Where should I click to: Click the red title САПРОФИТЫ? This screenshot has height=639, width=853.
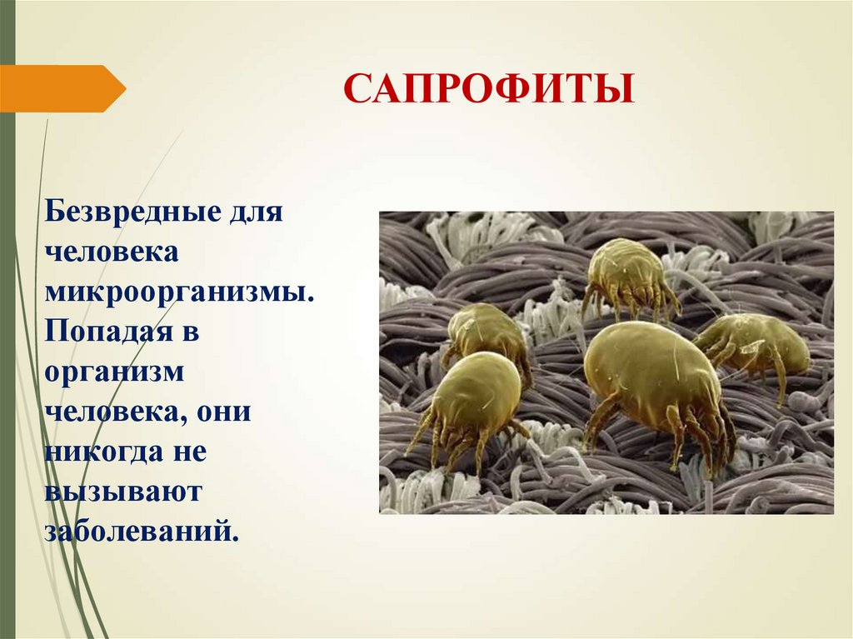click(x=489, y=88)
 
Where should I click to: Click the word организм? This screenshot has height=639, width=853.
click(x=114, y=372)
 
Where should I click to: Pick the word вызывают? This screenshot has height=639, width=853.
click(x=123, y=492)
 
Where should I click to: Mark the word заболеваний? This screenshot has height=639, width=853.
click(x=142, y=532)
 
